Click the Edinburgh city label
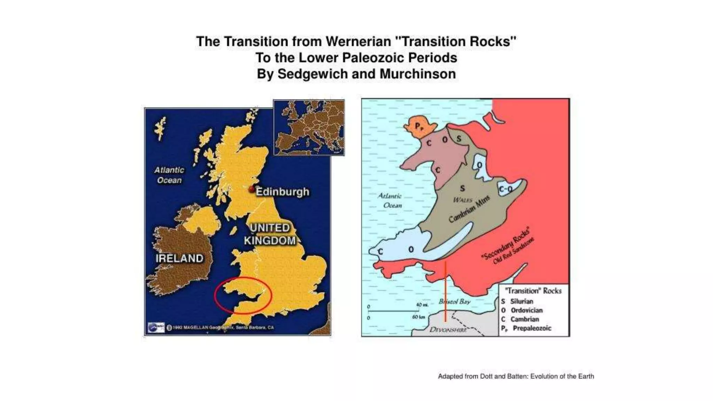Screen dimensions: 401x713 tap(282, 192)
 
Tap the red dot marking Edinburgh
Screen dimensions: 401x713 tap(252, 189)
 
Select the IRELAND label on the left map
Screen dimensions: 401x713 tap(179, 258)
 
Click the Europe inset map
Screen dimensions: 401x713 tap(309, 127)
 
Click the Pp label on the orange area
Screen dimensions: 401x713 tap(419, 126)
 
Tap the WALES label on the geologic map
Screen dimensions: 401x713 tap(463, 200)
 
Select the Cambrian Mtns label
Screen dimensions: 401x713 tap(469, 209)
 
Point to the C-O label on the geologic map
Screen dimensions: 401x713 tap(506, 189)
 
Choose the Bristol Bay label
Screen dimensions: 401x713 tap(454, 301)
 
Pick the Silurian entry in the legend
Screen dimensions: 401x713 tap(521, 301)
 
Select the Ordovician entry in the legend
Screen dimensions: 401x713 tap(526, 310)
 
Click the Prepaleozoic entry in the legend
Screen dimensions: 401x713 tap(532, 328)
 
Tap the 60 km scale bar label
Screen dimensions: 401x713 tap(418, 317)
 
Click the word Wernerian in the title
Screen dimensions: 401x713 tap(358, 41)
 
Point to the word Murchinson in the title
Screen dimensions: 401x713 tap(417, 74)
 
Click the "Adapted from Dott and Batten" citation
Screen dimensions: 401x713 tap(516, 376)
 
